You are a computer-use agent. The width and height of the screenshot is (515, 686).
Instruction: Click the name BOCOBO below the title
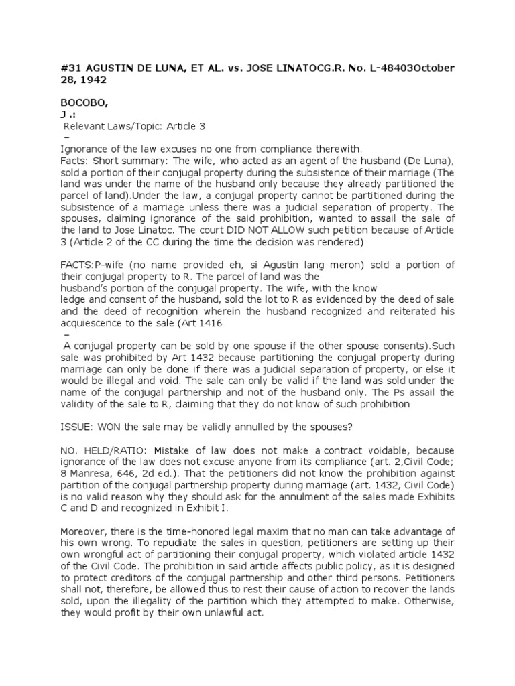coord(82,105)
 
